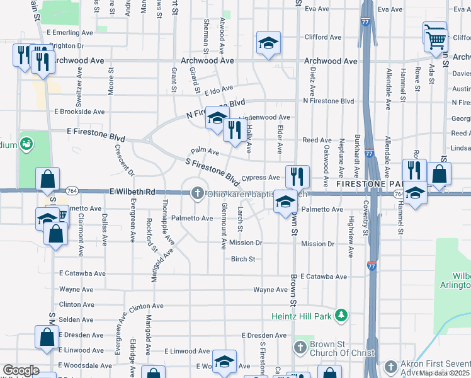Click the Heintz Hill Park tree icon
point(341,314)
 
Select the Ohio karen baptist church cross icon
point(197,193)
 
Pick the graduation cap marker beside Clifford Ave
point(268,43)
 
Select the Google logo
point(21,370)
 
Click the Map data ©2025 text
point(445,373)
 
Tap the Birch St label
point(242,259)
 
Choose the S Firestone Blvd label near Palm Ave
point(213,171)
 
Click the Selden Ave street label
point(76,320)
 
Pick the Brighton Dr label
point(66,45)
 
